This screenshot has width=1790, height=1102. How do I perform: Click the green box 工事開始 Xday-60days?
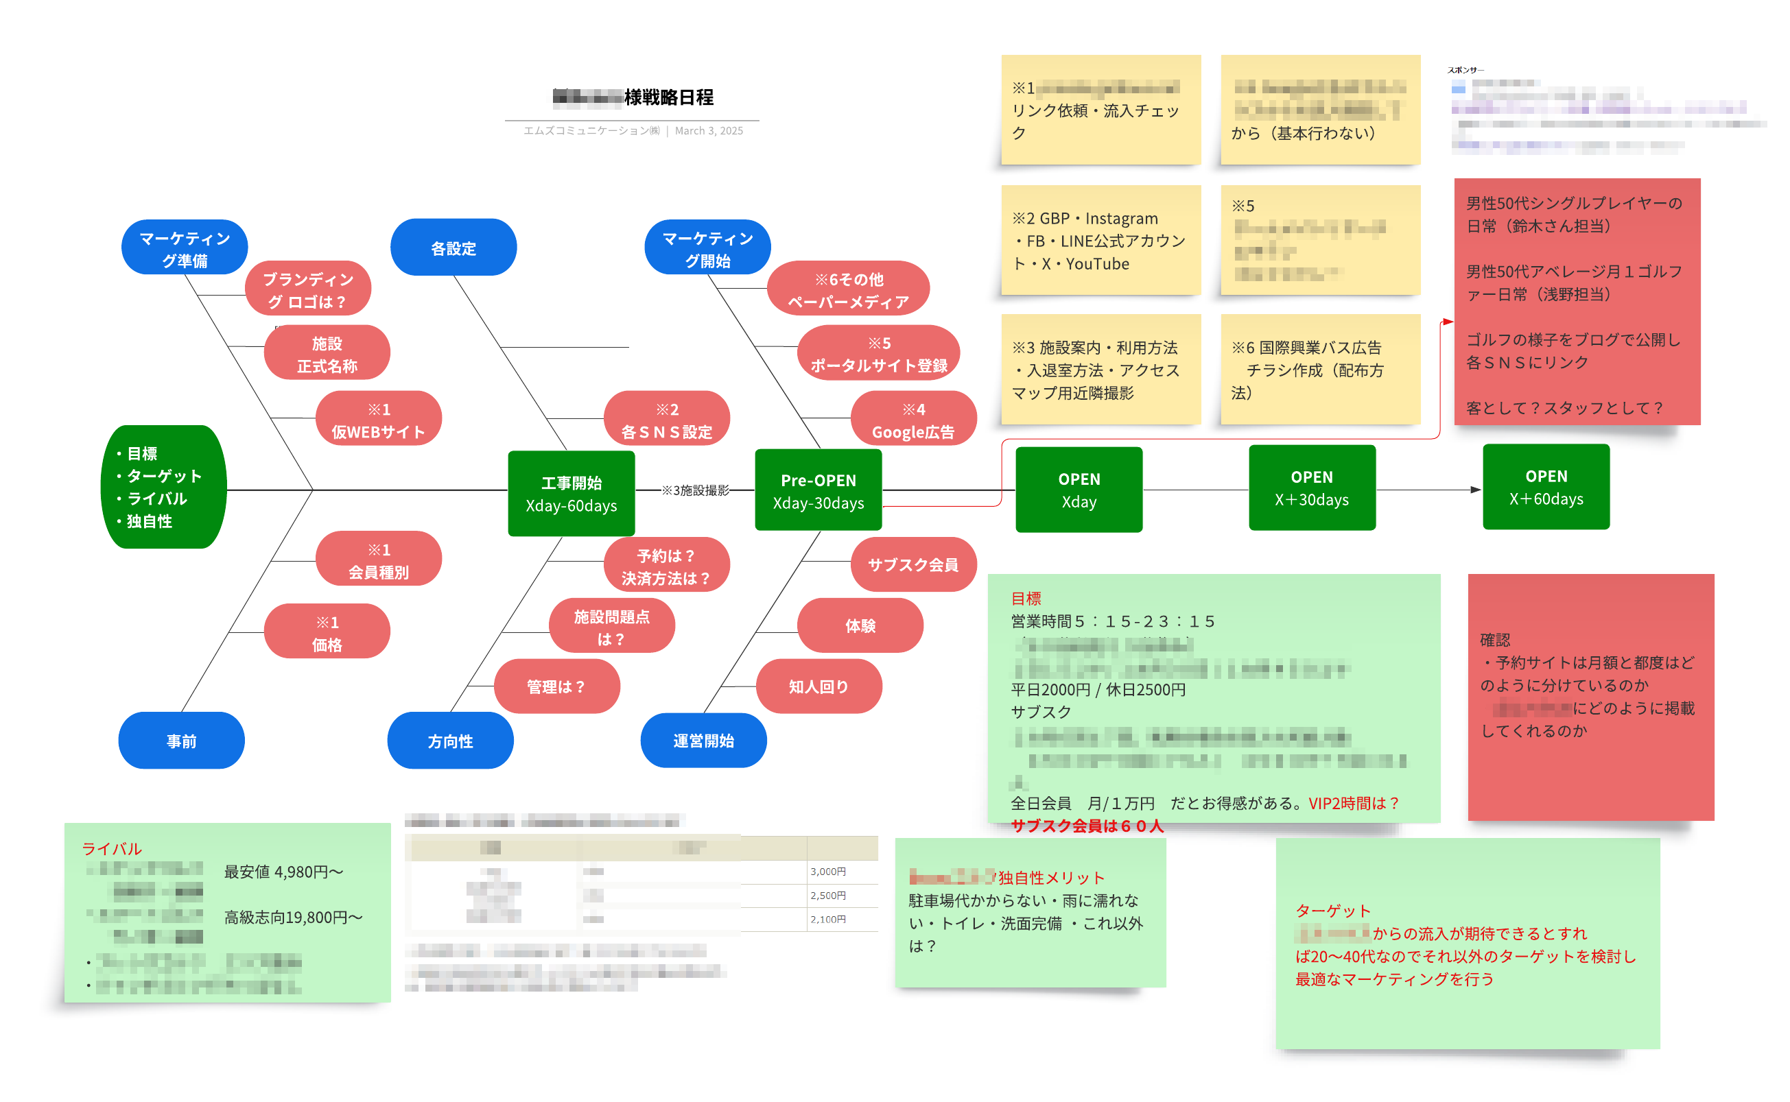pyautogui.click(x=571, y=494)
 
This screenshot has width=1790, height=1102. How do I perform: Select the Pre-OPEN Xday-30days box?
pyautogui.click(x=818, y=490)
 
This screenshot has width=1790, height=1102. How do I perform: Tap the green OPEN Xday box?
pyautogui.click(x=1079, y=490)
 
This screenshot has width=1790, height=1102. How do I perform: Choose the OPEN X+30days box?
pyautogui.click(x=1311, y=488)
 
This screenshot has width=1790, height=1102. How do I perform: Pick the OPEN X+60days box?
pyautogui.click(x=1545, y=487)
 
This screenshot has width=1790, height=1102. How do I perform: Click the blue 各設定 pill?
pyautogui.click(x=453, y=248)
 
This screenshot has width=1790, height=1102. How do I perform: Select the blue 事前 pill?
pyautogui.click(x=181, y=741)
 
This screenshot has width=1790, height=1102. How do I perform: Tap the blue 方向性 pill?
pyautogui.click(x=450, y=741)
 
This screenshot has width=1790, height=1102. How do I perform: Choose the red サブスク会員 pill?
pyautogui.click(x=913, y=564)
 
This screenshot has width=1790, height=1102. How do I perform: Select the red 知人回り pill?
pyautogui.click(x=818, y=686)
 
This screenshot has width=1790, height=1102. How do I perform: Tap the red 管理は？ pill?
pyautogui.click(x=556, y=686)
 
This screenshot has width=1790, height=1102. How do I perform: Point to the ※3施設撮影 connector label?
pyautogui.click(x=694, y=490)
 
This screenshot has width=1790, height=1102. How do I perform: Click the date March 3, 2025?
pyautogui.click(x=708, y=130)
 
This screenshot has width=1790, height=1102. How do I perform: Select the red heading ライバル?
pyautogui.click(x=111, y=848)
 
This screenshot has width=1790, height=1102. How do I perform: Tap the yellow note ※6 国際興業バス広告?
pyautogui.click(x=1320, y=370)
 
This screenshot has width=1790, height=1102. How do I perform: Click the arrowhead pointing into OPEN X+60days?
pyautogui.click(x=1475, y=489)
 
